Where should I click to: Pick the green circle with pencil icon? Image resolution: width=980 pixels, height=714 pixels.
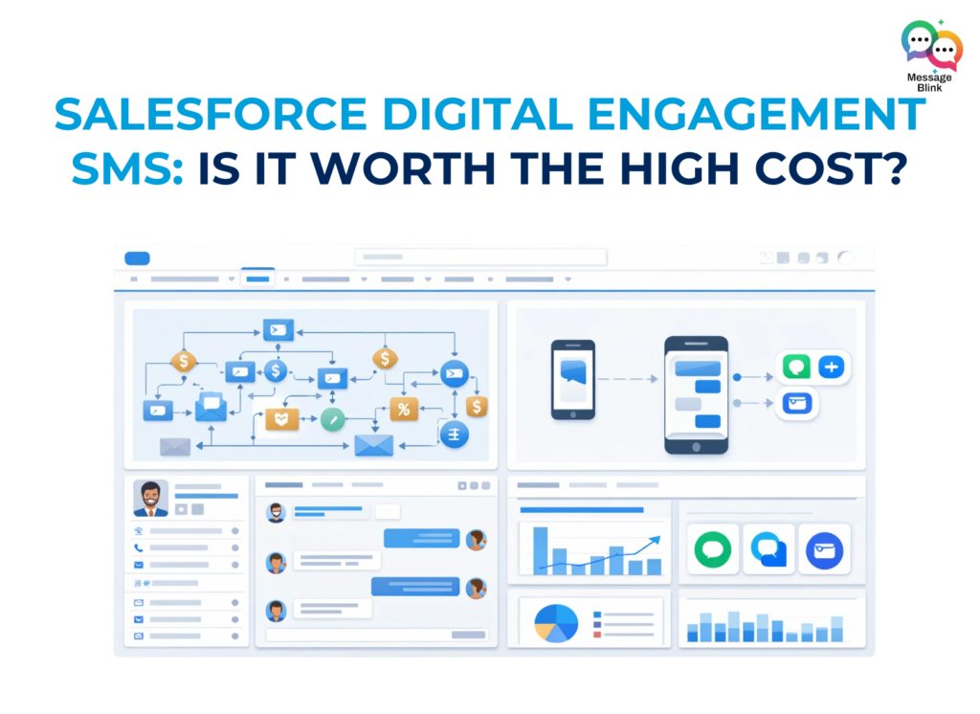332,418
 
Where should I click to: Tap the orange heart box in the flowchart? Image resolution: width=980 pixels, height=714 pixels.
281,418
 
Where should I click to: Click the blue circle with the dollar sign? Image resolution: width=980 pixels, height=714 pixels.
276,370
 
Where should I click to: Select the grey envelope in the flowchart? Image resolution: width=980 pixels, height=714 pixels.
175,446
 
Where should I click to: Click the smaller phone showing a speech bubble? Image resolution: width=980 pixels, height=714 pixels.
572,379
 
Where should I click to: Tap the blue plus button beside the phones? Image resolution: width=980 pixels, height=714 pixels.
830,367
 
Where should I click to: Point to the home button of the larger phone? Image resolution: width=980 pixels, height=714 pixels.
697,444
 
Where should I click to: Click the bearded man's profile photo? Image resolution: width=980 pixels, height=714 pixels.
150,499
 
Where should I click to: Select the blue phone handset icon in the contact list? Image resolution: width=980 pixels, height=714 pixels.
139,548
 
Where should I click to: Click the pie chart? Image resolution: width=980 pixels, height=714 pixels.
555,622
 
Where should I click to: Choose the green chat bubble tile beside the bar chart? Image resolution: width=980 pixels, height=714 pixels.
713,549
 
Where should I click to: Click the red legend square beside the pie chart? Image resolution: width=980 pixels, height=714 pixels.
596,635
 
